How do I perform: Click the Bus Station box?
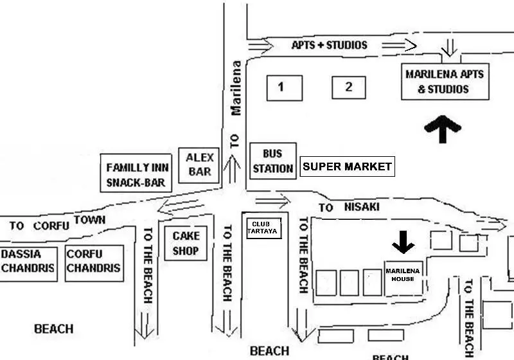273,161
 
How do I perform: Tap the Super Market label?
348,166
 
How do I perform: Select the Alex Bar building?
199,165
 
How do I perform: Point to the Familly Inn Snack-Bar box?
136,173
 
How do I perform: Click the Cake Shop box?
186,243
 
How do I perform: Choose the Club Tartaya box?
264,228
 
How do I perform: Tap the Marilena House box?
403,278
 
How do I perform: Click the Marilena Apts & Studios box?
445,82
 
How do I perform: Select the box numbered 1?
285,88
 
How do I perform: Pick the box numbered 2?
349,87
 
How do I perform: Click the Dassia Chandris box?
28,264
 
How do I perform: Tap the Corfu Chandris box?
94,264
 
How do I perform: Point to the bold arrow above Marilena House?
403,242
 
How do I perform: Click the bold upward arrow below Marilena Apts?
443,129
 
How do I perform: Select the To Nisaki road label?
349,207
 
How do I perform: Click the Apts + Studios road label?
330,45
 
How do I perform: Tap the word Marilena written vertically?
236,88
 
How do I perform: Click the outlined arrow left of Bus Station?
232,169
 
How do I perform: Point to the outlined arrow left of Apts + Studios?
261,44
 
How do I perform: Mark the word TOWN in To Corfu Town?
89,220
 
